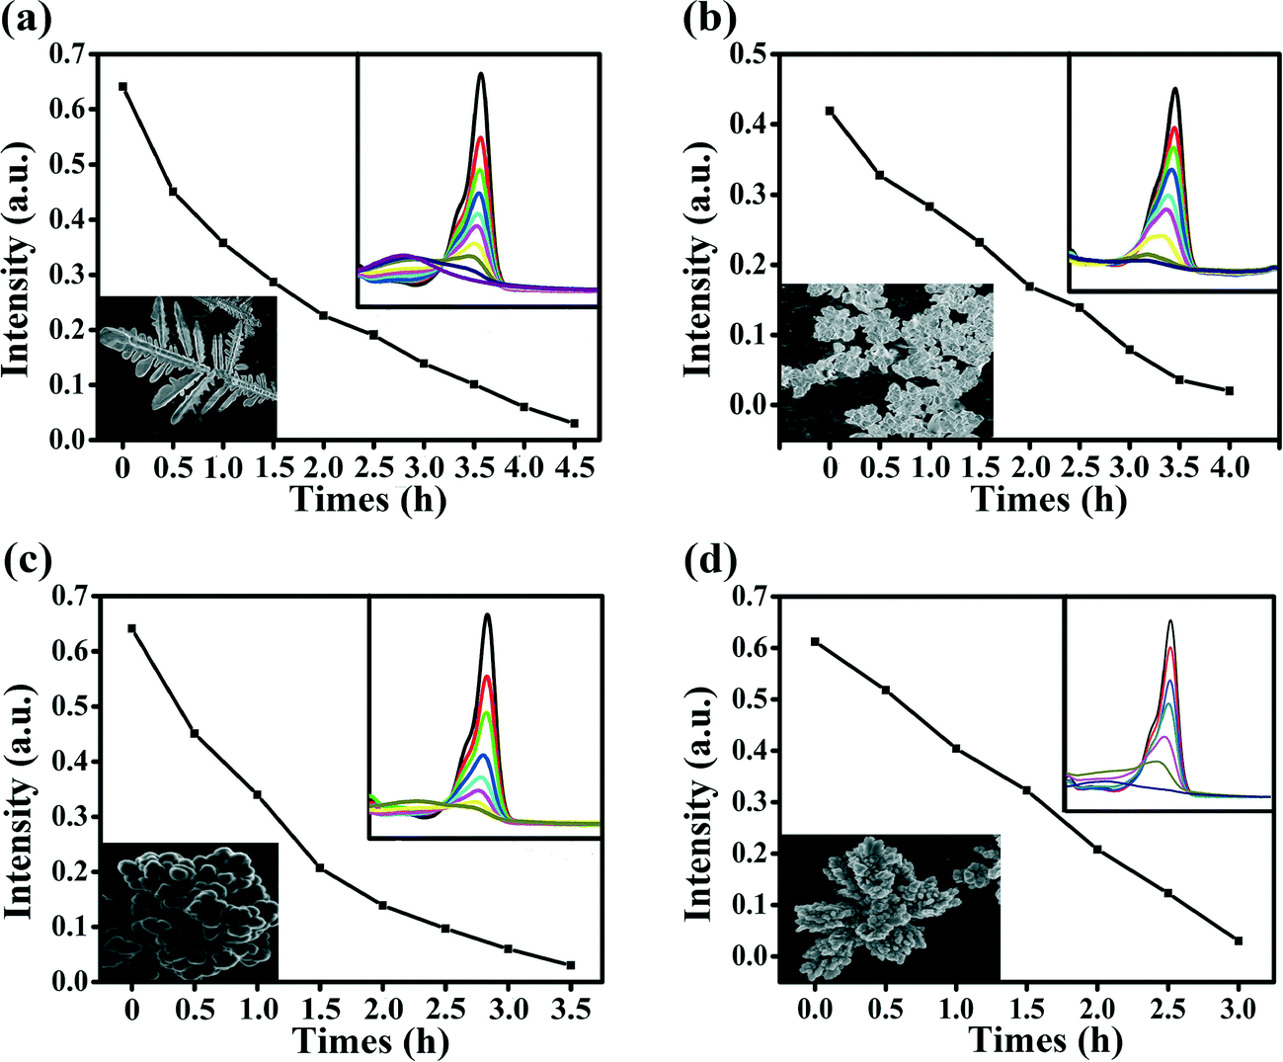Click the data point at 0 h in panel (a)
tap(122, 86)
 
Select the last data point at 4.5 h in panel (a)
tap(574, 423)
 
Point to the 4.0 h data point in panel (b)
tap(1229, 391)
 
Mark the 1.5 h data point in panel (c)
tap(320, 867)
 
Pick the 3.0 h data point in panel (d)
tap(1238, 940)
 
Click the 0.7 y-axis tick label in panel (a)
tap(67, 54)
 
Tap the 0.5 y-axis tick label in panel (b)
tap(748, 54)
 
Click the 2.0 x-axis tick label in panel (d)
tap(1097, 1010)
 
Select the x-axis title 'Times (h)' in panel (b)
tap(1048, 499)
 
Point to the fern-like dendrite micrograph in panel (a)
tap(186, 367)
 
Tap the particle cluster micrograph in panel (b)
tap(886, 361)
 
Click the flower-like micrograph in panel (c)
tap(189, 911)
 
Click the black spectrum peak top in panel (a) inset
tap(481, 74)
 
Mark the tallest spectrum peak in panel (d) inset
tap(1170, 621)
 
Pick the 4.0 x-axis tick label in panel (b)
tap(1228, 466)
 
